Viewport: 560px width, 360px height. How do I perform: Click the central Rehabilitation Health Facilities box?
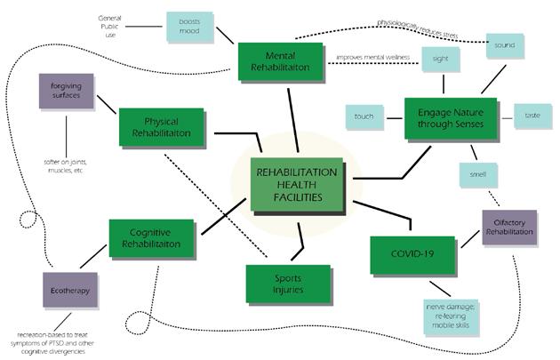click(x=295, y=182)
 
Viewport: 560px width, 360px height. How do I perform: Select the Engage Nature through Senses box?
click(x=450, y=119)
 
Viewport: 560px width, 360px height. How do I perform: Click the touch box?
click(x=364, y=116)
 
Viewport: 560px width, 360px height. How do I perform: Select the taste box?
click(x=531, y=116)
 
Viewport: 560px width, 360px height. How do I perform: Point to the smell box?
click(x=478, y=175)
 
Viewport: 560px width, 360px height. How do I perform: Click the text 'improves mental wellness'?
click(x=373, y=60)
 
